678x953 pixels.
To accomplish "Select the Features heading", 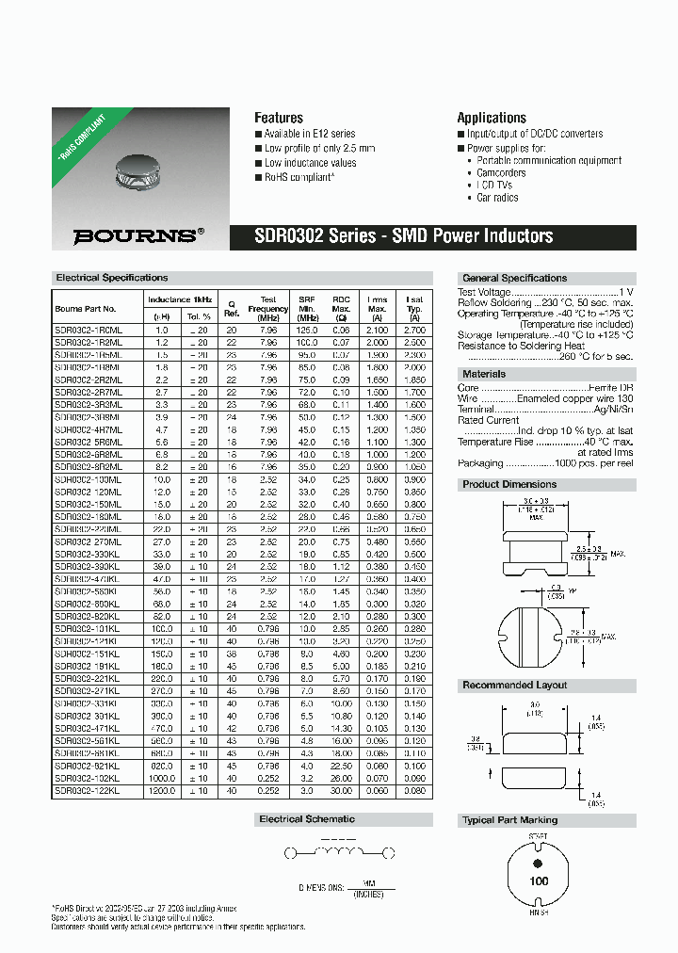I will click(x=279, y=118).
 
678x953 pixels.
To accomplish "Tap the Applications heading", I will click(x=491, y=118).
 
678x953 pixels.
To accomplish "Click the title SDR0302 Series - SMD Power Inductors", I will click(x=405, y=236).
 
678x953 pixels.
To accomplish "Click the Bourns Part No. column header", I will click(x=86, y=308).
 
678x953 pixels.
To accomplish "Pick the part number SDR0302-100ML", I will click(x=89, y=479).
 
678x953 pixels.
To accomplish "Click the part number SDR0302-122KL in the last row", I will click(x=89, y=792).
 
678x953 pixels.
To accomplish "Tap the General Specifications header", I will click(x=514, y=278).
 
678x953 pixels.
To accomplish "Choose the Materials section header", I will click(x=484, y=374).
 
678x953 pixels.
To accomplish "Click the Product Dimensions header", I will click(x=509, y=484).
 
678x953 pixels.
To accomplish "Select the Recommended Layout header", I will click(x=514, y=685).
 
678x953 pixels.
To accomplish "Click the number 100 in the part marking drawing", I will click(x=539, y=881).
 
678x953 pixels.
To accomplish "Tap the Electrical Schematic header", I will click(x=307, y=819).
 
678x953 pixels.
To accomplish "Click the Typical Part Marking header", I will click(x=510, y=820).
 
